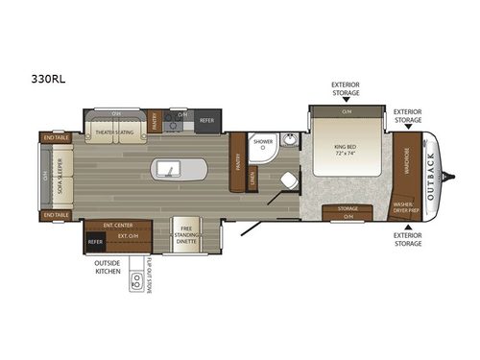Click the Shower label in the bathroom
tap(262, 142)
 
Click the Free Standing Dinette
tap(187, 233)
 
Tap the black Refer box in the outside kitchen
tap(94, 242)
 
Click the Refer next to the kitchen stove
tap(206, 122)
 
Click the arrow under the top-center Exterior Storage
tap(346, 100)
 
